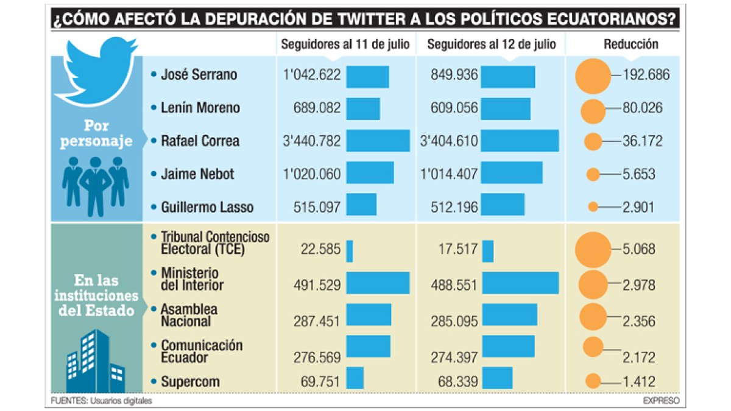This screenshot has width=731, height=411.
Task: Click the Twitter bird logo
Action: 96,70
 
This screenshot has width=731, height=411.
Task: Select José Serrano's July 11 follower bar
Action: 367,76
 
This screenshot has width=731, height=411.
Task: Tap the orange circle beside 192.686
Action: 592,76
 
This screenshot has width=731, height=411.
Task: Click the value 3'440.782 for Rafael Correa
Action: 312,141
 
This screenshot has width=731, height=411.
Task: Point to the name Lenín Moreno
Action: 200,108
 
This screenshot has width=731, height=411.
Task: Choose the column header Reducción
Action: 631,44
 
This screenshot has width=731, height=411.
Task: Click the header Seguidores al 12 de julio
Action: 492,44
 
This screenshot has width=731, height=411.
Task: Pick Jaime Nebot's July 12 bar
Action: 512,173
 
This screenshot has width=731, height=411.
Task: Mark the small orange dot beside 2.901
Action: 593,207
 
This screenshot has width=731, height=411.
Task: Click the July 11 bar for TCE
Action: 350,251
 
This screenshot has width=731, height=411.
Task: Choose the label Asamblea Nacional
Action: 189,315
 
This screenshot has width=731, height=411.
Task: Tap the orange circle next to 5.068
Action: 592,250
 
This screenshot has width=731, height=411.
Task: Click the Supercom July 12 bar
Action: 497,378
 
